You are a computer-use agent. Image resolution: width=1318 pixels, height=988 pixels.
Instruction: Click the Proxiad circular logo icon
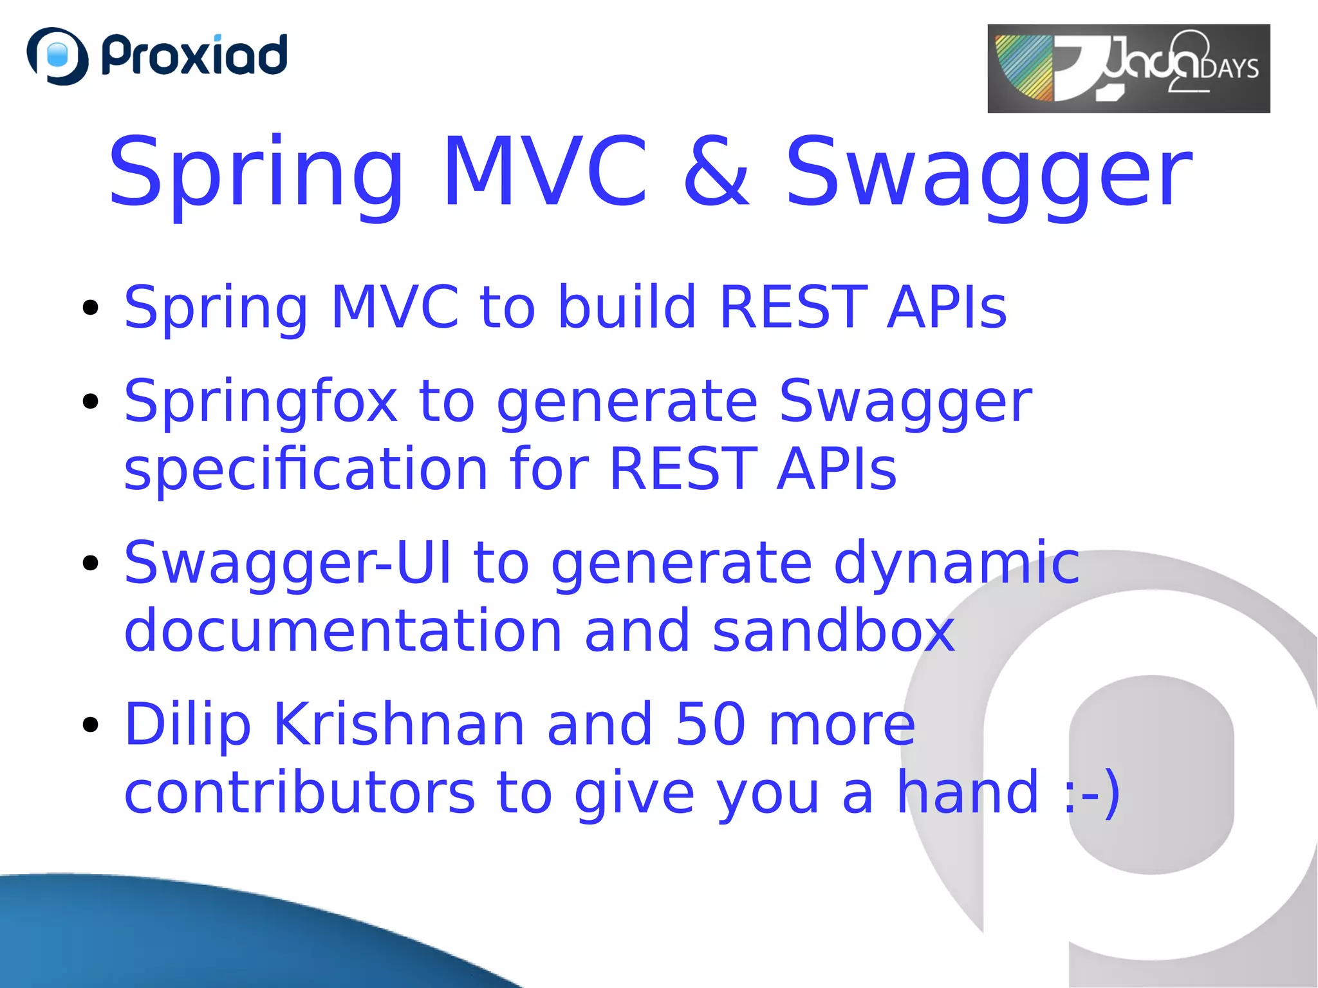[x=57, y=55]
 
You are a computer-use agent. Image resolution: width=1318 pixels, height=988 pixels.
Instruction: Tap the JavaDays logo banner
[x=1128, y=68]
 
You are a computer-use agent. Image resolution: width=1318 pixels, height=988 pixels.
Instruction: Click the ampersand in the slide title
[x=716, y=172]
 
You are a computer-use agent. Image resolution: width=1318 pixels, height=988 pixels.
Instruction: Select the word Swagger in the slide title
[x=988, y=172]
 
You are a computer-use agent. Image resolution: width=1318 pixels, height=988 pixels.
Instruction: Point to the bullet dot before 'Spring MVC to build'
[x=91, y=308]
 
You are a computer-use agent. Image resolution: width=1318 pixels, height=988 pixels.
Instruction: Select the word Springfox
[x=261, y=402]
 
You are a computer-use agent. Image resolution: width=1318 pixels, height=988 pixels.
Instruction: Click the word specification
[x=306, y=469]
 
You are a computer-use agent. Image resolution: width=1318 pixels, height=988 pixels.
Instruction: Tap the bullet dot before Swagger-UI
[x=91, y=563]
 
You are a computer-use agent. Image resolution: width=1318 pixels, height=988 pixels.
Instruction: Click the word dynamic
[x=956, y=563]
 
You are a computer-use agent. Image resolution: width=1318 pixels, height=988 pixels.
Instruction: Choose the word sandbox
[x=833, y=631]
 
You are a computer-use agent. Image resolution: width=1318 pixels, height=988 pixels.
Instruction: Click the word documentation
[x=343, y=631]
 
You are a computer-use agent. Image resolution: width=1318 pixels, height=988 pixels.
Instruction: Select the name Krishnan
[x=399, y=724]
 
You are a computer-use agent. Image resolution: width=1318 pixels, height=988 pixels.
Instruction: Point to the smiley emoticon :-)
[x=1090, y=792]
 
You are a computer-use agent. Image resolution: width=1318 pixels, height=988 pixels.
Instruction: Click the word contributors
[x=299, y=792]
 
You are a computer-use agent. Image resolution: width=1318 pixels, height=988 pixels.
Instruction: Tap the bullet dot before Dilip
[x=91, y=725]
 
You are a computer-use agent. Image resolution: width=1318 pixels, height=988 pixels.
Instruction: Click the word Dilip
[x=187, y=725]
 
